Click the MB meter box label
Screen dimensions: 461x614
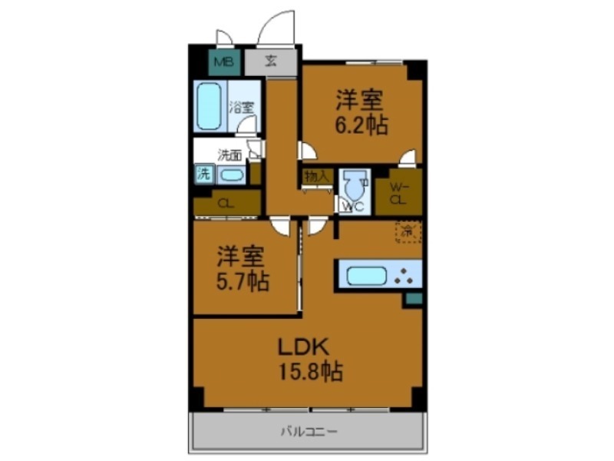(223, 62)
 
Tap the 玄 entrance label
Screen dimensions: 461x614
(271, 61)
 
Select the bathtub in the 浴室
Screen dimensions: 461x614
(209, 106)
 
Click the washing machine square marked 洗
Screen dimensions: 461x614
(203, 174)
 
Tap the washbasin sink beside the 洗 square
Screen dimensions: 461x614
(231, 175)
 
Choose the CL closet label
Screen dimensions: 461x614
(226, 204)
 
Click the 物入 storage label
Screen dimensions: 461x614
(316, 176)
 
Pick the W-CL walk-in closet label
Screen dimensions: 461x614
(398, 191)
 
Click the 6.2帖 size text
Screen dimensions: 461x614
(360, 124)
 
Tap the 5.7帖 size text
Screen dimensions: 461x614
(243, 281)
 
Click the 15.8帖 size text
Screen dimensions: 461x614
(310, 372)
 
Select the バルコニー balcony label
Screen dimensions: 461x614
(307, 433)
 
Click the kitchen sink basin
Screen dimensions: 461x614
(365, 274)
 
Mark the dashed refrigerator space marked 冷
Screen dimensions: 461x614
(407, 230)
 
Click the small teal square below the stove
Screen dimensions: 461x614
(414, 298)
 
